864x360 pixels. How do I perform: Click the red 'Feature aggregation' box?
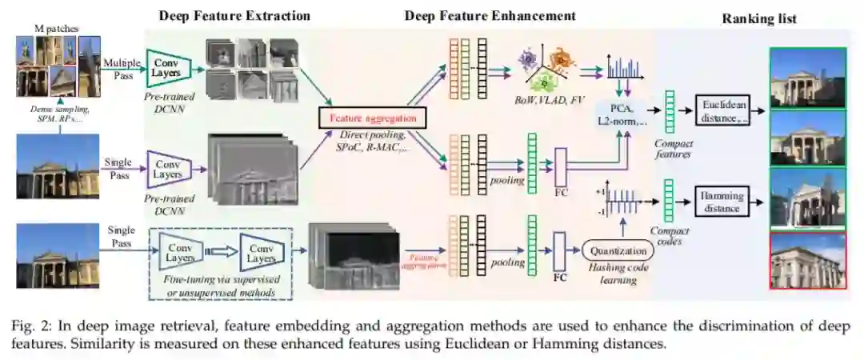point(372,118)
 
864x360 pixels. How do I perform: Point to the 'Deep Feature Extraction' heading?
point(234,15)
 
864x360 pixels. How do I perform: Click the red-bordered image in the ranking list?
point(807,261)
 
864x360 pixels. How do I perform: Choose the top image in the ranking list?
point(807,77)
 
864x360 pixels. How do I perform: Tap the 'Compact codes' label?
point(669,235)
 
